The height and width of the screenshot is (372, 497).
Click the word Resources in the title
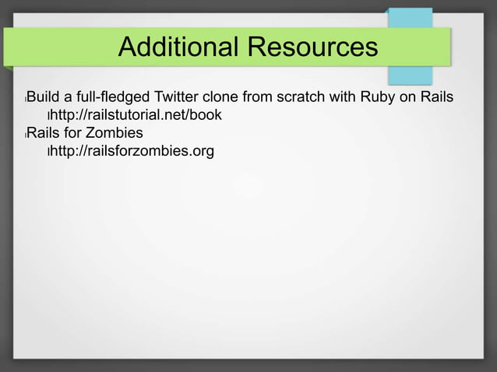point(312,48)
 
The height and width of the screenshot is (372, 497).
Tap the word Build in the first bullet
point(44,97)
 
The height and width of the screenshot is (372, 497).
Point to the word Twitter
point(180,97)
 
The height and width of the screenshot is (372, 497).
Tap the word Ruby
point(376,97)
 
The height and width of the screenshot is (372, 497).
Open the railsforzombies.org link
point(132,150)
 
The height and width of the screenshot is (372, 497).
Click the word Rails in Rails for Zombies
point(44,132)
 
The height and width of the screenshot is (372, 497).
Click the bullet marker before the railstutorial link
point(48,116)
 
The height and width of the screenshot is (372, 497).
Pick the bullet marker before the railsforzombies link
point(48,152)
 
